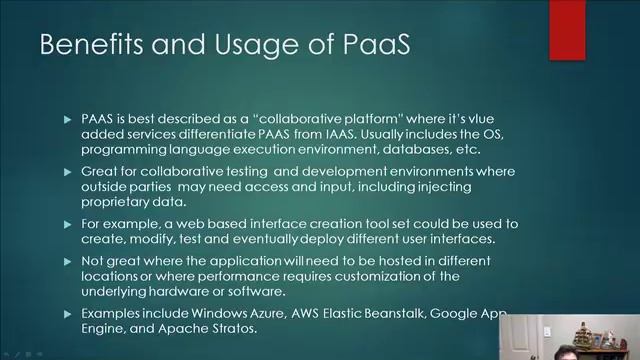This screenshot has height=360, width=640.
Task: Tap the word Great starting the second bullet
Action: pyautogui.click(x=100, y=172)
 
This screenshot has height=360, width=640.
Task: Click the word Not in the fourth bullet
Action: pyautogui.click(x=93, y=261)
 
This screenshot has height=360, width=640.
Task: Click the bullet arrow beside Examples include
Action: pyautogui.click(x=68, y=313)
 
